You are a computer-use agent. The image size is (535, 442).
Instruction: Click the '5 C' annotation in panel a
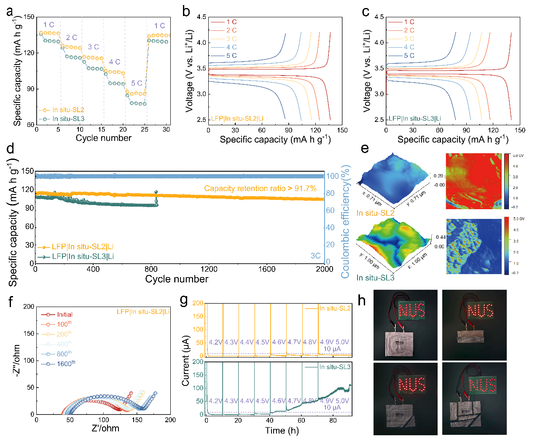pos(137,84)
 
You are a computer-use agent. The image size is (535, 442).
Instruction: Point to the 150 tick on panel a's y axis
pos(29,17)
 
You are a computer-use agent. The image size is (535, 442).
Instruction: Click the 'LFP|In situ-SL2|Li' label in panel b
pos(237,119)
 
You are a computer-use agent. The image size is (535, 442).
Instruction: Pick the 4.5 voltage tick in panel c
pos(379,17)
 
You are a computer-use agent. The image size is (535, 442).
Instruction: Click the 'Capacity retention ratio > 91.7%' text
pos(260,189)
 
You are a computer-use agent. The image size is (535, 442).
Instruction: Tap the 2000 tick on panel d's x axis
pos(325,269)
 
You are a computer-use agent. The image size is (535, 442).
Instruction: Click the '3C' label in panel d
pos(315,256)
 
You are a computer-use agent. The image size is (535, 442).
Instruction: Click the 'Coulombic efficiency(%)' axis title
pos(346,222)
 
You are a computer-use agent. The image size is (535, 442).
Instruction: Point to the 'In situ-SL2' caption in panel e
pos(375,213)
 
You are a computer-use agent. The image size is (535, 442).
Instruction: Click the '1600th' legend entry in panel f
pos(66,364)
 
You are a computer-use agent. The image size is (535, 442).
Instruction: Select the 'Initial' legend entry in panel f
pos(65,315)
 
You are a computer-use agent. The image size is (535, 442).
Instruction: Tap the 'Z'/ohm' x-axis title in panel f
pos(105,429)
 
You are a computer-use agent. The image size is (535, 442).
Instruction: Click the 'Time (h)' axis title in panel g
pos(282,430)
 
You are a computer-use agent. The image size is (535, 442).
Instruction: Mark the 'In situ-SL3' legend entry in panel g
pos(335,367)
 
